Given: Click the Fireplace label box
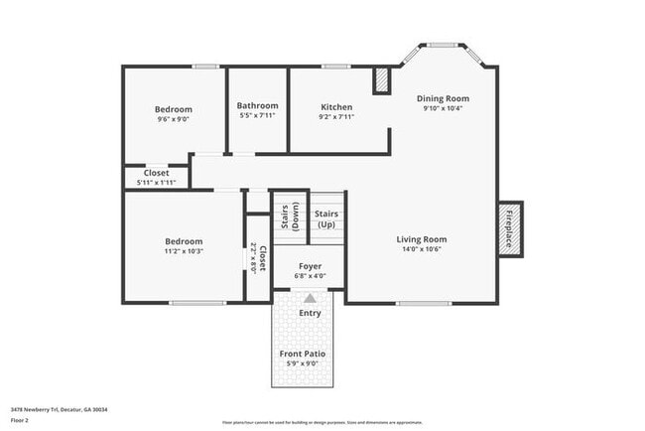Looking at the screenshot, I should tap(510, 229).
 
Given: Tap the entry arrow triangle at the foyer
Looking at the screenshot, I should tap(311, 298).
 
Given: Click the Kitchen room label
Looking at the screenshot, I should tap(336, 106).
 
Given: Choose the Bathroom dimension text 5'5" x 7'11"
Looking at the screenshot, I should tap(257, 116).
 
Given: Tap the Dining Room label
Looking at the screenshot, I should tap(443, 98).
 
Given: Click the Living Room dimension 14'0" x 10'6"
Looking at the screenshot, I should tap(422, 249).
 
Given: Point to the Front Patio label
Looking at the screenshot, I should tap(302, 354).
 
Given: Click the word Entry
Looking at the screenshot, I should tap(311, 314).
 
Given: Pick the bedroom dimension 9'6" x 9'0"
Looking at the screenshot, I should tap(174, 119).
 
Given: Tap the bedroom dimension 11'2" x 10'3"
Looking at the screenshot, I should tap(183, 251).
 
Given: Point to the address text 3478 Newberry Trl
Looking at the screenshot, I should tap(59, 409).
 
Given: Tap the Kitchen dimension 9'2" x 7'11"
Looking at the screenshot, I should tap(336, 116).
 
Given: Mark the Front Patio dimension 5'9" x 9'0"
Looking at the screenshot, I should tap(302, 363).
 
